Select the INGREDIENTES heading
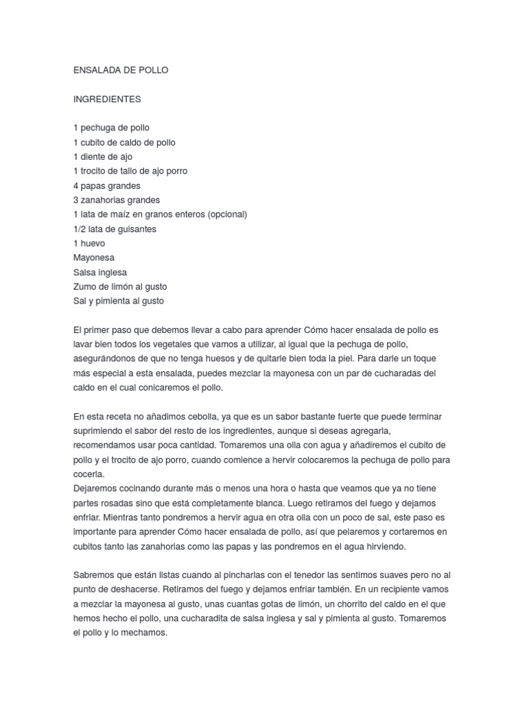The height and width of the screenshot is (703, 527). [107, 99]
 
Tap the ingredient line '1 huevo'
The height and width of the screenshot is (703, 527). [89, 243]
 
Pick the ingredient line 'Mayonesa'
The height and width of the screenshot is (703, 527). [94, 257]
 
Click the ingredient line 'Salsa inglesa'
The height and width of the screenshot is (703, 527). [100, 272]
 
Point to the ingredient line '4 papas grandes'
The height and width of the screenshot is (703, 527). [106, 185]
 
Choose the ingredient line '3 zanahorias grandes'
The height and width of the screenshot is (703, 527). [117, 200]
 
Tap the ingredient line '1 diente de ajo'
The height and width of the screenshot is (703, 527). [103, 157]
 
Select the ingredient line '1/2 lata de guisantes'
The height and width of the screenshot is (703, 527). [115, 229]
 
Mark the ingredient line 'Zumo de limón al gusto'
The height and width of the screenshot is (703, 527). [120, 286]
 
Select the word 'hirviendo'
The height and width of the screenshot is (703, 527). [384, 546]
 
